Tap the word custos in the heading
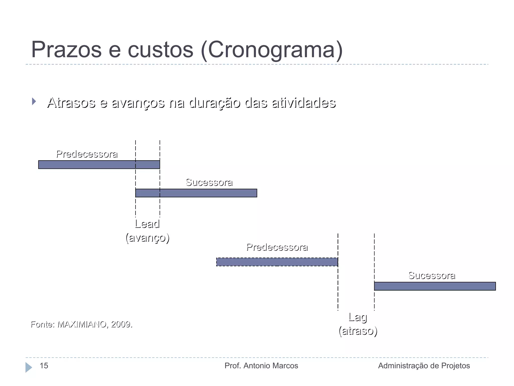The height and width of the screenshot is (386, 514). click(161, 50)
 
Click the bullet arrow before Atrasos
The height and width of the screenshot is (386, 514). click(34, 102)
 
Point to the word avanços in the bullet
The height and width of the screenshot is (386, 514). click(138, 103)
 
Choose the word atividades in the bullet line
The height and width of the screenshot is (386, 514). click(304, 103)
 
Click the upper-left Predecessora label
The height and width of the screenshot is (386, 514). click(87, 154)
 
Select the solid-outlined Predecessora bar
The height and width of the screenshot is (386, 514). click(99, 165)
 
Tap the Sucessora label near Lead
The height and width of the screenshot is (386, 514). click(209, 182)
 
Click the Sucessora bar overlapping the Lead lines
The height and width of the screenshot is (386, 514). click(196, 193)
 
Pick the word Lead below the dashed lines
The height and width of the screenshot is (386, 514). click(147, 224)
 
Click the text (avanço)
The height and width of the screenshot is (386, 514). click(147, 238)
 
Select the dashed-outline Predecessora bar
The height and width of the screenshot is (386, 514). click(277, 262)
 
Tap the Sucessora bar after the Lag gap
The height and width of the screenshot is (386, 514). click(435, 286)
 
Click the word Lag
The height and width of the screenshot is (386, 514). click(358, 317)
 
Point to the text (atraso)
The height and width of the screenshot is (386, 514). click(358, 331)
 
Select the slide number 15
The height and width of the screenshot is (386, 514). click(44, 366)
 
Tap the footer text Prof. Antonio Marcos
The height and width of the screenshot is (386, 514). click(261, 366)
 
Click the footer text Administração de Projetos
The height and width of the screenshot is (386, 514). click(424, 366)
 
